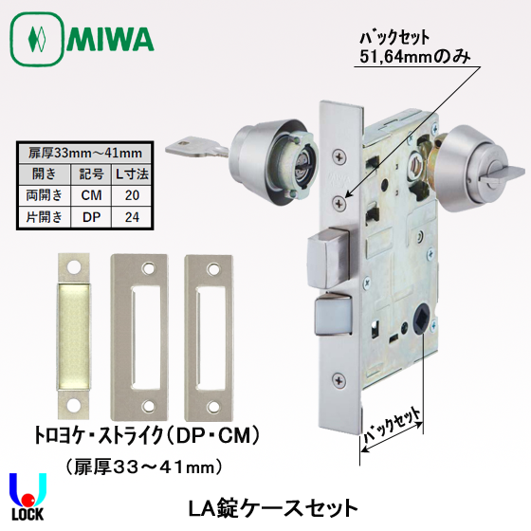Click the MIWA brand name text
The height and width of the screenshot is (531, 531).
point(110,39)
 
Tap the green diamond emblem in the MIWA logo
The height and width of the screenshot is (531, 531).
point(37,39)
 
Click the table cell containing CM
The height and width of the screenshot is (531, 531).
point(91,195)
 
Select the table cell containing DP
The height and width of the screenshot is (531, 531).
point(91,217)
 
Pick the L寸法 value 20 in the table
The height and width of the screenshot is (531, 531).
point(132,195)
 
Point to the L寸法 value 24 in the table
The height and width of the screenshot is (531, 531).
point(132,217)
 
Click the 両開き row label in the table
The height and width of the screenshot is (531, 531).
point(45,195)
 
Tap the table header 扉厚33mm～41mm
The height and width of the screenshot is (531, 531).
point(85,153)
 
